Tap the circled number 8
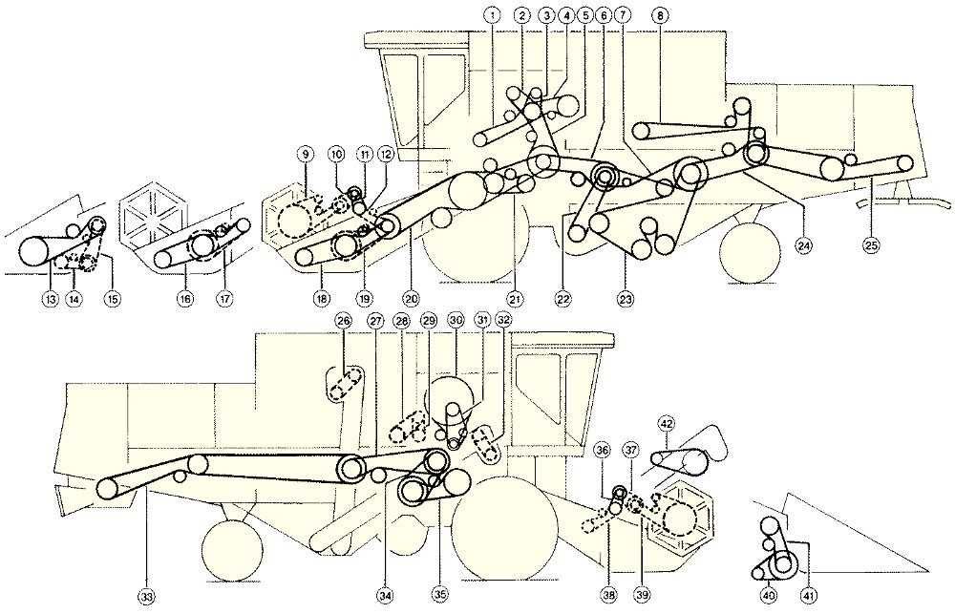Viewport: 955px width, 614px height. click(660, 16)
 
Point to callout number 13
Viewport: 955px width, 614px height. click(50, 299)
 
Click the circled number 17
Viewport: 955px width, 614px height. click(226, 299)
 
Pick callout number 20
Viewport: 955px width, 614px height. click(410, 299)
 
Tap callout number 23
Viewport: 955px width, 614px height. click(626, 299)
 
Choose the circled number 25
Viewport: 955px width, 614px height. click(871, 245)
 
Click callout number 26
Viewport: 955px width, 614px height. click(344, 319)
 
